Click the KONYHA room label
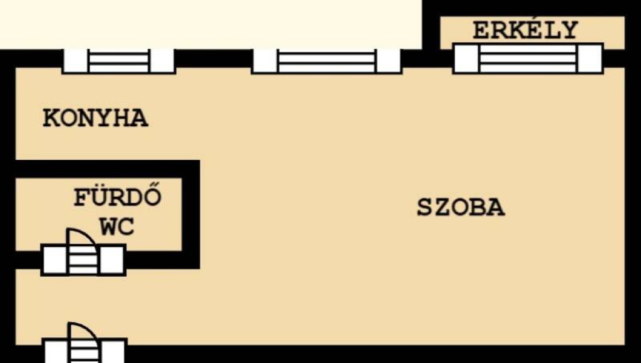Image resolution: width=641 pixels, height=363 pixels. (95, 118)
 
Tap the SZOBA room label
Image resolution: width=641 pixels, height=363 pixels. (461, 207)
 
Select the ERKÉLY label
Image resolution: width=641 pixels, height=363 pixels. (525, 29)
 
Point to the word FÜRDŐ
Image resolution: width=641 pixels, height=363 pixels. (117, 197)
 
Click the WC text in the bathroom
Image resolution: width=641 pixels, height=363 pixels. (117, 227)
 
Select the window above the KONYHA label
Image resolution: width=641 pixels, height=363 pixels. (119, 61)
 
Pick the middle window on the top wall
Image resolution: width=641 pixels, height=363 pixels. (327, 61)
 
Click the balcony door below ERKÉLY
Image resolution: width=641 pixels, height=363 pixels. (528, 58)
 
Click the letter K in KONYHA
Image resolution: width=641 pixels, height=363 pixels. (51, 118)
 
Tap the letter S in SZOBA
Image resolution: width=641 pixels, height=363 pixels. (425, 207)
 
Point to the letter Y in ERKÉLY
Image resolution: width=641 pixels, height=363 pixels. (570, 30)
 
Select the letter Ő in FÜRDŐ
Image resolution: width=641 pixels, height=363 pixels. (153, 197)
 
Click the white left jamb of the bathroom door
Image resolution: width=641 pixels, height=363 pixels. (54, 260)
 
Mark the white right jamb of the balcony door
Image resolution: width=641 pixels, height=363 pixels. (590, 58)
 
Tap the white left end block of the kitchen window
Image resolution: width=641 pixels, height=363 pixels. (75, 61)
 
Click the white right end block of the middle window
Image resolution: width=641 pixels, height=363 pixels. (389, 61)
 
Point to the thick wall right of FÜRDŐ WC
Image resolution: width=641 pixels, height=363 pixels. (191, 214)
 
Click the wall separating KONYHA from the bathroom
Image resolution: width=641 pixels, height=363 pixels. (108, 169)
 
